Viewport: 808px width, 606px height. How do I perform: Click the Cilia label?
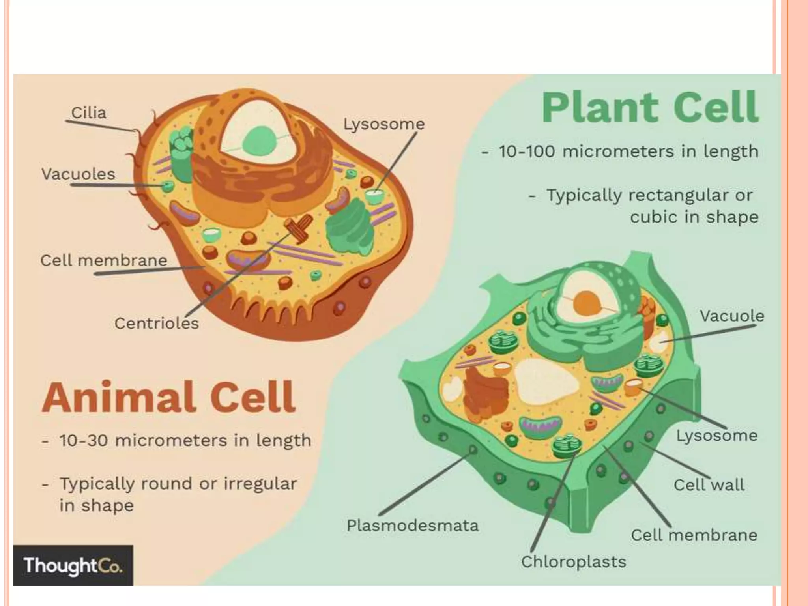(x=89, y=113)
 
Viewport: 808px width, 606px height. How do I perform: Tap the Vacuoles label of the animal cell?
(x=78, y=174)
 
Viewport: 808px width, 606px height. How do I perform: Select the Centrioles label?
(x=157, y=324)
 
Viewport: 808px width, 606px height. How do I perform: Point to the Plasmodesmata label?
(x=412, y=526)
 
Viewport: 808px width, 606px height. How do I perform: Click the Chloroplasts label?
(x=573, y=562)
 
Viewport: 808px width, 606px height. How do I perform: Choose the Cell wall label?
(x=709, y=485)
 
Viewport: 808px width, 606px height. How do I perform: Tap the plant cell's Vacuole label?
(x=732, y=316)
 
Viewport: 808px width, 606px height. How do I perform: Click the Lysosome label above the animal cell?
(x=384, y=124)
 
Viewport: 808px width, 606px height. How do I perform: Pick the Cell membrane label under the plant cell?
(x=694, y=535)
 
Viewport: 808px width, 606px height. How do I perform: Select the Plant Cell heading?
(x=650, y=107)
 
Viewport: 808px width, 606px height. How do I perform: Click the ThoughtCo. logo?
(x=73, y=565)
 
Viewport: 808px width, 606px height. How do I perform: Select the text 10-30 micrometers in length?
(x=185, y=441)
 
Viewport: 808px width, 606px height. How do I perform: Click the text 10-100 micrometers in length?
(x=628, y=151)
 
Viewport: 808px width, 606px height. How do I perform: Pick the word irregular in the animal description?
(x=260, y=484)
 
